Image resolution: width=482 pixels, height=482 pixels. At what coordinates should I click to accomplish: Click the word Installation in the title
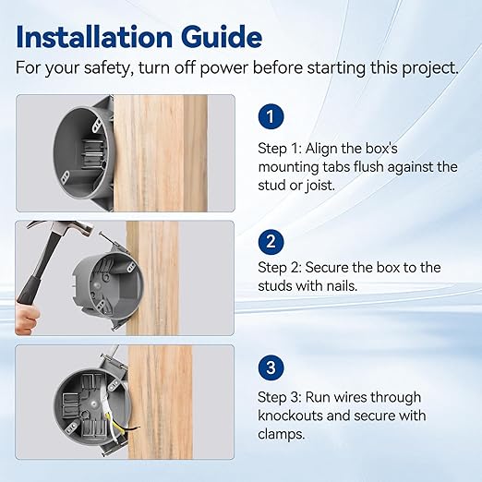coord(94,37)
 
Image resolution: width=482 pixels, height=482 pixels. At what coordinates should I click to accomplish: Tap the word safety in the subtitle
coord(107,67)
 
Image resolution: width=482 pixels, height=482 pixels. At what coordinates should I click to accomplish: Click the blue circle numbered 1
coord(271,116)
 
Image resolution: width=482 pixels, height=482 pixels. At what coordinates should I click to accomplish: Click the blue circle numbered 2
coord(271,242)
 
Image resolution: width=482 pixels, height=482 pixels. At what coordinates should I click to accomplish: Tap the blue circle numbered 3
coord(271,368)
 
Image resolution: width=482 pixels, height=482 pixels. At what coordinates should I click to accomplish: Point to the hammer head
coord(62,228)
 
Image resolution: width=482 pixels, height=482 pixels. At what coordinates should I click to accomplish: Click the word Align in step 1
coord(321,149)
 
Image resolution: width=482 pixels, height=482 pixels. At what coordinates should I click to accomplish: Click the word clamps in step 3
coord(281,435)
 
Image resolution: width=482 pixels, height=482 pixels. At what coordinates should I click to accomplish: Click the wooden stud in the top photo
coord(160,153)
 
